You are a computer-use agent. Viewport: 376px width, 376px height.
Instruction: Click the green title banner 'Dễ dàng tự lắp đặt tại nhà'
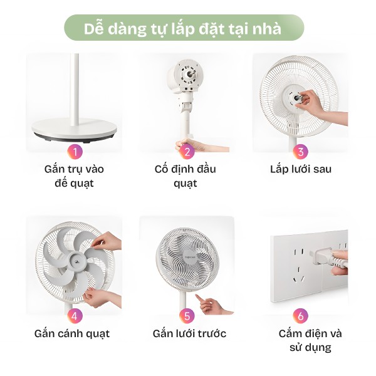(x=183, y=28)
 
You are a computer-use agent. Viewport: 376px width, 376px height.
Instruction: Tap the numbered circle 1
(x=75, y=151)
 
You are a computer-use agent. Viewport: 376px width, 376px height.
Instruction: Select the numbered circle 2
(x=186, y=151)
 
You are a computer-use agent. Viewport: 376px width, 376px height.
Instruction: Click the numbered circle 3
(x=301, y=151)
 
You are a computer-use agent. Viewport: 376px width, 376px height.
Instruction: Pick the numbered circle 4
(x=75, y=315)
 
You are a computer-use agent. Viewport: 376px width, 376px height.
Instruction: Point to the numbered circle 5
(x=186, y=315)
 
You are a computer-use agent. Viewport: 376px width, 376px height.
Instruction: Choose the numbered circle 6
(x=301, y=315)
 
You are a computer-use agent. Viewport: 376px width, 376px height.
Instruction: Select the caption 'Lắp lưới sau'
(x=301, y=169)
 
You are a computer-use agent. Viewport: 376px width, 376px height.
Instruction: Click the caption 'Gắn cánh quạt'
(x=73, y=333)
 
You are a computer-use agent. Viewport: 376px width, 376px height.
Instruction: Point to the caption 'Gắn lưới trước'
(x=189, y=333)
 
